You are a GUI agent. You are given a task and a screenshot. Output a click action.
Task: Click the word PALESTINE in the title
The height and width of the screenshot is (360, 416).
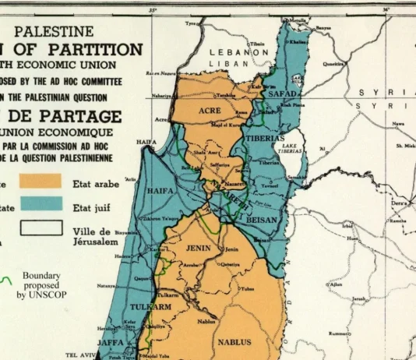click(54, 32)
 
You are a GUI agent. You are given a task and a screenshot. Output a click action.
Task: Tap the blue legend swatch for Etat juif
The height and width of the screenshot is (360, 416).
click(41, 204)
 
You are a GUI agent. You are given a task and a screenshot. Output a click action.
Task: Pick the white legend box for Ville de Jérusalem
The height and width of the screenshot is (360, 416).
click(41, 228)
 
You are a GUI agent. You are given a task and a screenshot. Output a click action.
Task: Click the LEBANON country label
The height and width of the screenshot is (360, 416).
click(239, 51)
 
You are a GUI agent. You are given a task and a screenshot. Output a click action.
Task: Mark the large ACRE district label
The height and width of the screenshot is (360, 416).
click(210, 111)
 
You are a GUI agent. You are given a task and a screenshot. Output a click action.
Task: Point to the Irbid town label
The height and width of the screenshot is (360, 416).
click(347, 227)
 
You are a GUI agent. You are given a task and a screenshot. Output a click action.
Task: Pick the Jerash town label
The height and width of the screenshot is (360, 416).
click(358, 298)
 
